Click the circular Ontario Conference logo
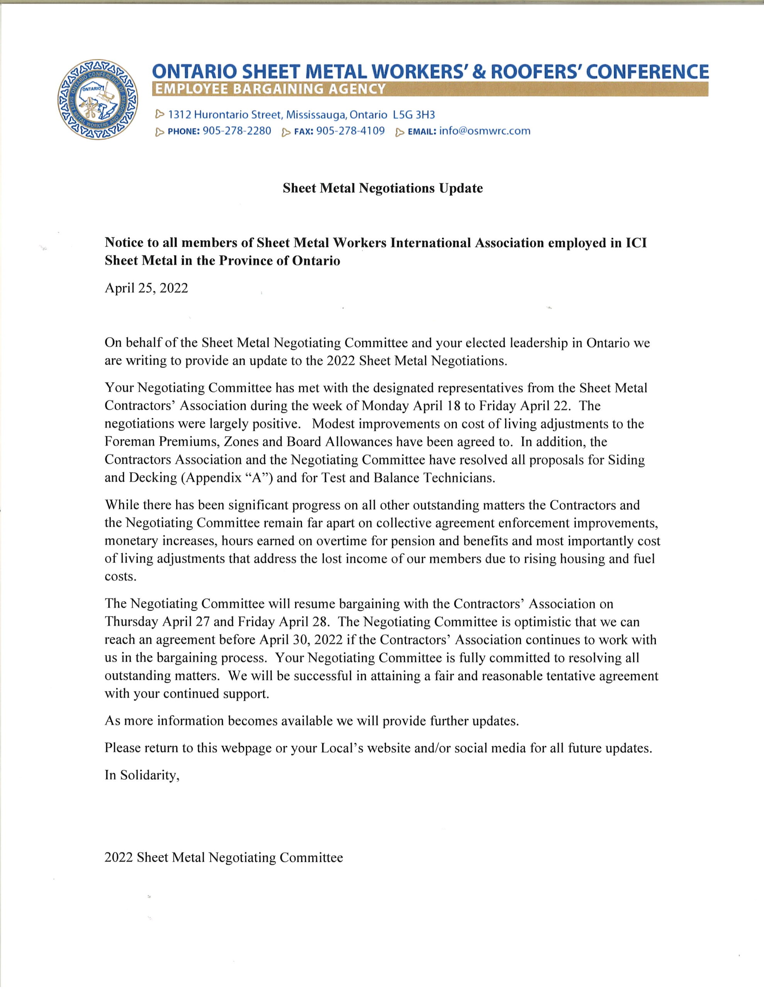click(x=97, y=99)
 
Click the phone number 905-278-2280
click(x=237, y=131)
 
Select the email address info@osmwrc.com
click(x=485, y=131)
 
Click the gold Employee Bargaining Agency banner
click(x=430, y=89)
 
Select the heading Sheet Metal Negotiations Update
click(x=383, y=189)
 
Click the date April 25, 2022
click(x=146, y=289)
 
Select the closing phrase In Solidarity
click(x=142, y=775)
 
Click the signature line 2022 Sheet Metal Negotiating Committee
click(x=224, y=858)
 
